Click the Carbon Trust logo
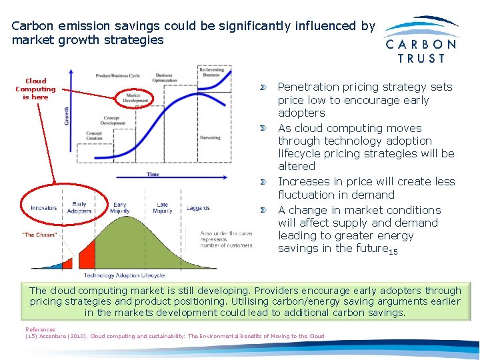tap(421, 40)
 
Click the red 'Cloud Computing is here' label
tap(35, 89)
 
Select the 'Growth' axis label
tap(67, 117)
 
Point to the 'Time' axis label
tap(153, 175)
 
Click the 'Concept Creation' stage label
tap(94, 136)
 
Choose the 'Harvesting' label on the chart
tap(210, 138)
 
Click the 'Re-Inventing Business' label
tap(211, 72)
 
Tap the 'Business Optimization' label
tap(164, 77)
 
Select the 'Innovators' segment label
tap(44, 208)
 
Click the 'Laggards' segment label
tap(198, 208)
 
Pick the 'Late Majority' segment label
tap(162, 208)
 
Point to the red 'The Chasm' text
tap(39, 235)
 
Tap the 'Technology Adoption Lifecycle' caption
tap(124, 275)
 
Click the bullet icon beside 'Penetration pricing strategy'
tap(264, 87)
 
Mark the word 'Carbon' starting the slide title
tap(31, 26)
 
